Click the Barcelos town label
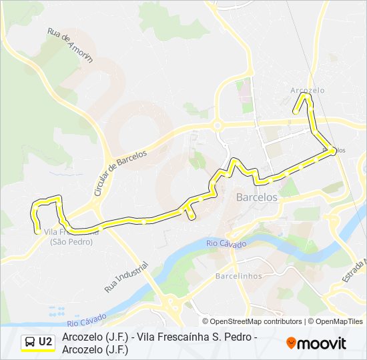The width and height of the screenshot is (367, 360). click(x=257, y=197)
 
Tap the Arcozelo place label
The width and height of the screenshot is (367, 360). click(x=308, y=90)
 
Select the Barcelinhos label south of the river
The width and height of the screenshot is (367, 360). click(x=237, y=275)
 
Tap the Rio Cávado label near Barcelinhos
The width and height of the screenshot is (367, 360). click(x=226, y=244)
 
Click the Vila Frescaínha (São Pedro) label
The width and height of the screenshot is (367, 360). click(x=72, y=237)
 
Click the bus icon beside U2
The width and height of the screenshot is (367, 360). click(x=30, y=342)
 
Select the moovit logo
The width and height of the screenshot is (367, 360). click(x=316, y=343)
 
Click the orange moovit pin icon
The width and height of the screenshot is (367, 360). click(x=291, y=343)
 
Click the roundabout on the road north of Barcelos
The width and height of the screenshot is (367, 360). click(x=217, y=125)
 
